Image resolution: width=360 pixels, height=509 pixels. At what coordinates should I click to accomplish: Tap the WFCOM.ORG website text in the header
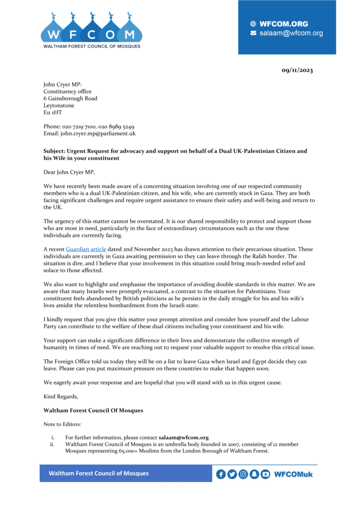click(x=283, y=24)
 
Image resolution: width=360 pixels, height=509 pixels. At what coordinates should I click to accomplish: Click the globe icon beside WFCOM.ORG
click(x=253, y=24)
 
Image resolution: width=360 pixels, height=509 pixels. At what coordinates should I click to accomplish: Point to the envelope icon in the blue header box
click(x=253, y=33)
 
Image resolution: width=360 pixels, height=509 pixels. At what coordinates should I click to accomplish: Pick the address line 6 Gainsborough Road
click(x=70, y=98)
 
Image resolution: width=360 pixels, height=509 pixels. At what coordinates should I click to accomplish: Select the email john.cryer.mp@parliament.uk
click(x=98, y=134)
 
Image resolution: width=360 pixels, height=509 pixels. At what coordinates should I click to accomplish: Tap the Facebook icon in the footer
click(x=221, y=474)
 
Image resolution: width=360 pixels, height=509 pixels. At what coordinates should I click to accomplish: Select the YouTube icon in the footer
click(x=265, y=474)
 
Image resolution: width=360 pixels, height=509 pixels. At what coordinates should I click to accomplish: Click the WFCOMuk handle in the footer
click(x=293, y=474)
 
